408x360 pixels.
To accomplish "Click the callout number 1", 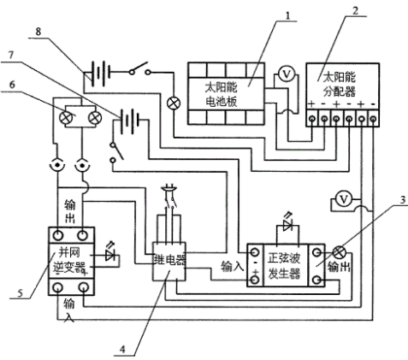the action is click(x=288, y=15).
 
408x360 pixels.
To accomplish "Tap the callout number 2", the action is click(x=355, y=11).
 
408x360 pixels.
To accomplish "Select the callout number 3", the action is click(x=403, y=200).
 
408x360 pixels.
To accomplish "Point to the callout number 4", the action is click(x=122, y=349).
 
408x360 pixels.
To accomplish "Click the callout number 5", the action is click(x=20, y=293).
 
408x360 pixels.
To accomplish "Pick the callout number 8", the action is click(x=38, y=32).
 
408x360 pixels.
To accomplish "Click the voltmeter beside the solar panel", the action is click(x=287, y=74).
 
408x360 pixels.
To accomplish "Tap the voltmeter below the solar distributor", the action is click(x=344, y=199).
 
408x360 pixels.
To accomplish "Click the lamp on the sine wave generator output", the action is click(x=339, y=252).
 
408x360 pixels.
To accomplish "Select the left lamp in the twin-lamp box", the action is click(x=65, y=118).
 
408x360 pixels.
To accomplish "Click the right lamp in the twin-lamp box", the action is click(x=94, y=118).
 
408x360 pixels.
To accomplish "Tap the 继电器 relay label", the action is click(x=170, y=260).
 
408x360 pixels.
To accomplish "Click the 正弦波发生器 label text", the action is click(x=284, y=267).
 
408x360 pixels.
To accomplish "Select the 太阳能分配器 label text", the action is click(x=340, y=85).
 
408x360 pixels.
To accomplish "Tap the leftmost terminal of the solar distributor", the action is click(x=312, y=118).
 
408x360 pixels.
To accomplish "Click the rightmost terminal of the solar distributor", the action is click(x=374, y=118).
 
